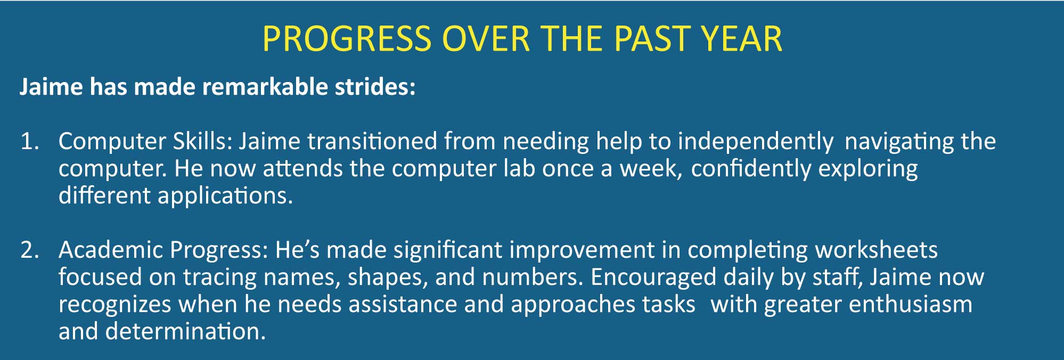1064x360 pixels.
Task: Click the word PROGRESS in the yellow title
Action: coord(347,39)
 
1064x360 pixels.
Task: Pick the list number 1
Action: coord(29,142)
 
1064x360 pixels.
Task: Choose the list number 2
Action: coord(29,250)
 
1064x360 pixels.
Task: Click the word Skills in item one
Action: coord(202,141)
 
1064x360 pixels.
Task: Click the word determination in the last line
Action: coord(185,331)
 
